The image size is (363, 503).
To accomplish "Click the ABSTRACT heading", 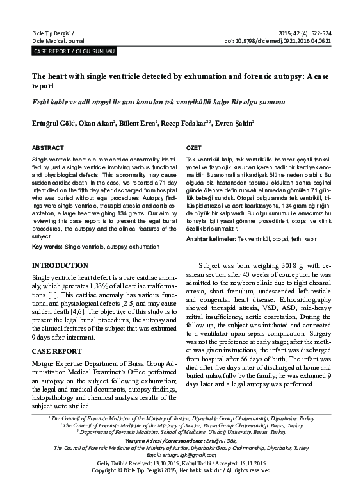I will [x=48, y=147].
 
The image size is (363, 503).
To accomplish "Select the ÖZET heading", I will [x=193, y=147].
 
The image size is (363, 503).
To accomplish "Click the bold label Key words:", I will [x=47, y=246].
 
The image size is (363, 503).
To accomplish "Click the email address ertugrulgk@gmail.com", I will [x=181, y=472].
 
